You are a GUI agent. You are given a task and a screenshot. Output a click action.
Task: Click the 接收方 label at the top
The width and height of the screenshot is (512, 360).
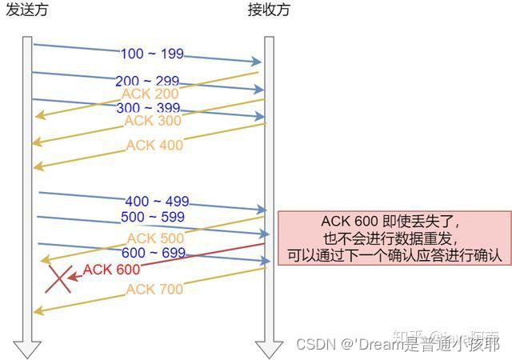click(x=269, y=10)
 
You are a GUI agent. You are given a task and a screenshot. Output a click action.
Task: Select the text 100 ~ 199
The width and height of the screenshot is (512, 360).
click(x=152, y=54)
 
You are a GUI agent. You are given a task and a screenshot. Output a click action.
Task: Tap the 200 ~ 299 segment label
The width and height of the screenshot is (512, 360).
click(x=147, y=82)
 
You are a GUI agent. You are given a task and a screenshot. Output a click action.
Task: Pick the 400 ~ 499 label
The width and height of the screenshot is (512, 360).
click(x=157, y=202)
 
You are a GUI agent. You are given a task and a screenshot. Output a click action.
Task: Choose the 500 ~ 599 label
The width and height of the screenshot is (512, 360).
click(x=152, y=217)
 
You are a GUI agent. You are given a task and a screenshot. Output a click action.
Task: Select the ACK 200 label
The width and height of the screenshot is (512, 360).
click(x=150, y=94)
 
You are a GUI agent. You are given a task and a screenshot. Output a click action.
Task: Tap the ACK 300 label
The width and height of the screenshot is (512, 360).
click(x=152, y=121)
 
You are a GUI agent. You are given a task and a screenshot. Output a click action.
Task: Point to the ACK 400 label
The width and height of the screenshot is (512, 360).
click(x=154, y=145)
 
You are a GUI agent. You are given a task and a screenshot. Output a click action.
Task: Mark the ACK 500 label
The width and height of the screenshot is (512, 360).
click(x=155, y=238)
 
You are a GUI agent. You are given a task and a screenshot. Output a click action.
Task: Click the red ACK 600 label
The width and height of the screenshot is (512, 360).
click(x=111, y=270)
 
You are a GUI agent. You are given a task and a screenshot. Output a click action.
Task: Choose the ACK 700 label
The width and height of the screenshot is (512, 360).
click(x=154, y=289)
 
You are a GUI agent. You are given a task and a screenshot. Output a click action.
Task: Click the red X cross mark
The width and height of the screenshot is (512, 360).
click(x=58, y=278)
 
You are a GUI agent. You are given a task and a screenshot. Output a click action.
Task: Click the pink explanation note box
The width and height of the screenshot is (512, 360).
click(x=394, y=238)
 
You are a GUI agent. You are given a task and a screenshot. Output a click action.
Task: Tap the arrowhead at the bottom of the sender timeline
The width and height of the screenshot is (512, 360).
click(x=28, y=348)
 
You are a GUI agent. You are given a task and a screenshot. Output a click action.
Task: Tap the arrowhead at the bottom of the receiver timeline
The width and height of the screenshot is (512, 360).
click(x=269, y=348)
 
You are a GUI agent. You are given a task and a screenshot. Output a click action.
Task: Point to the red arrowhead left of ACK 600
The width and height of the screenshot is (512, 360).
click(x=73, y=277)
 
